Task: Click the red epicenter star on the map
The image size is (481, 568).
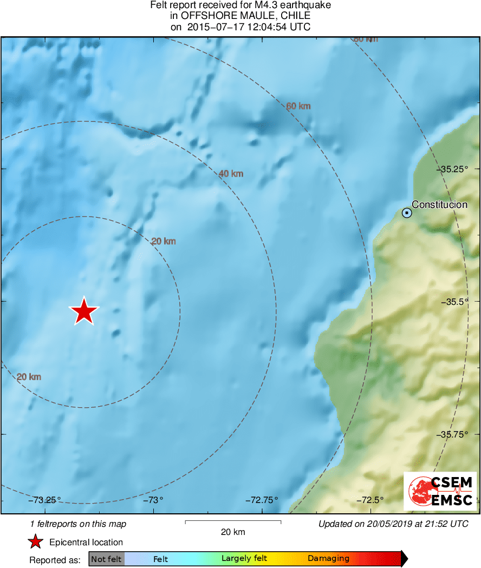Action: click(84, 312)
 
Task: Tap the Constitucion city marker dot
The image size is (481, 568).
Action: click(407, 213)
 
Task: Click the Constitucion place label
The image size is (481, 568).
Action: click(439, 205)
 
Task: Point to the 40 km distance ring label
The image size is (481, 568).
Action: click(231, 174)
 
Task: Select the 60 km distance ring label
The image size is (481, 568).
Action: click(298, 106)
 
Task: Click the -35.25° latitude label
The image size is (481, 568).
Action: click(453, 169)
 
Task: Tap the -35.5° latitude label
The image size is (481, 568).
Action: click(455, 302)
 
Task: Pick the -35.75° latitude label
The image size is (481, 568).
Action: click(453, 434)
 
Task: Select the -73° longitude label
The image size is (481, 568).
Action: click(153, 500)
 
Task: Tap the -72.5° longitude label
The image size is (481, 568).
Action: click(370, 500)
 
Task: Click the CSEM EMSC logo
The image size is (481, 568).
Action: click(440, 491)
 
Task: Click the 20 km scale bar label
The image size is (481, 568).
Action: click(233, 532)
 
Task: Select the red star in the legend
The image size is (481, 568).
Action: click(36, 542)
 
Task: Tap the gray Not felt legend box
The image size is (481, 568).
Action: click(106, 559)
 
